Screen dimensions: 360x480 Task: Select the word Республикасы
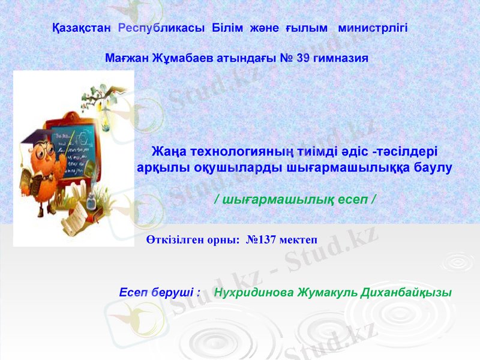coord(162,28)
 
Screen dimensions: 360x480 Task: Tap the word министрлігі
coord(373,28)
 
